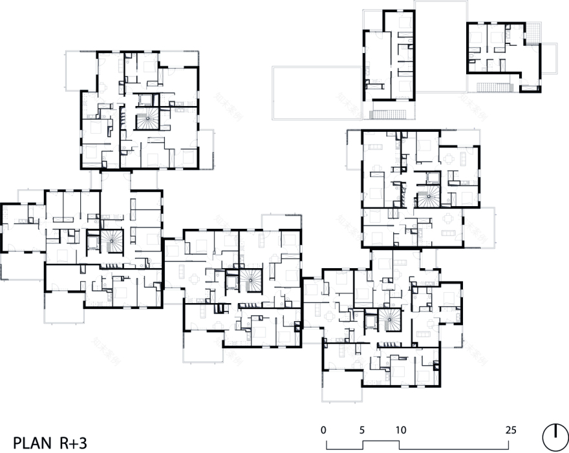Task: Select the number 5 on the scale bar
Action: tap(362, 429)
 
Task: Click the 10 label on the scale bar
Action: tap(400, 429)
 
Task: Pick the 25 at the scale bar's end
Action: tap(510, 429)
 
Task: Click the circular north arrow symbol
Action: tap(553, 437)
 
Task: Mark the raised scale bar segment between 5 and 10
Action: tap(381, 441)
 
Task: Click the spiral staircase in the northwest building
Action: tap(145, 120)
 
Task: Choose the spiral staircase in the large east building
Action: tap(425, 198)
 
